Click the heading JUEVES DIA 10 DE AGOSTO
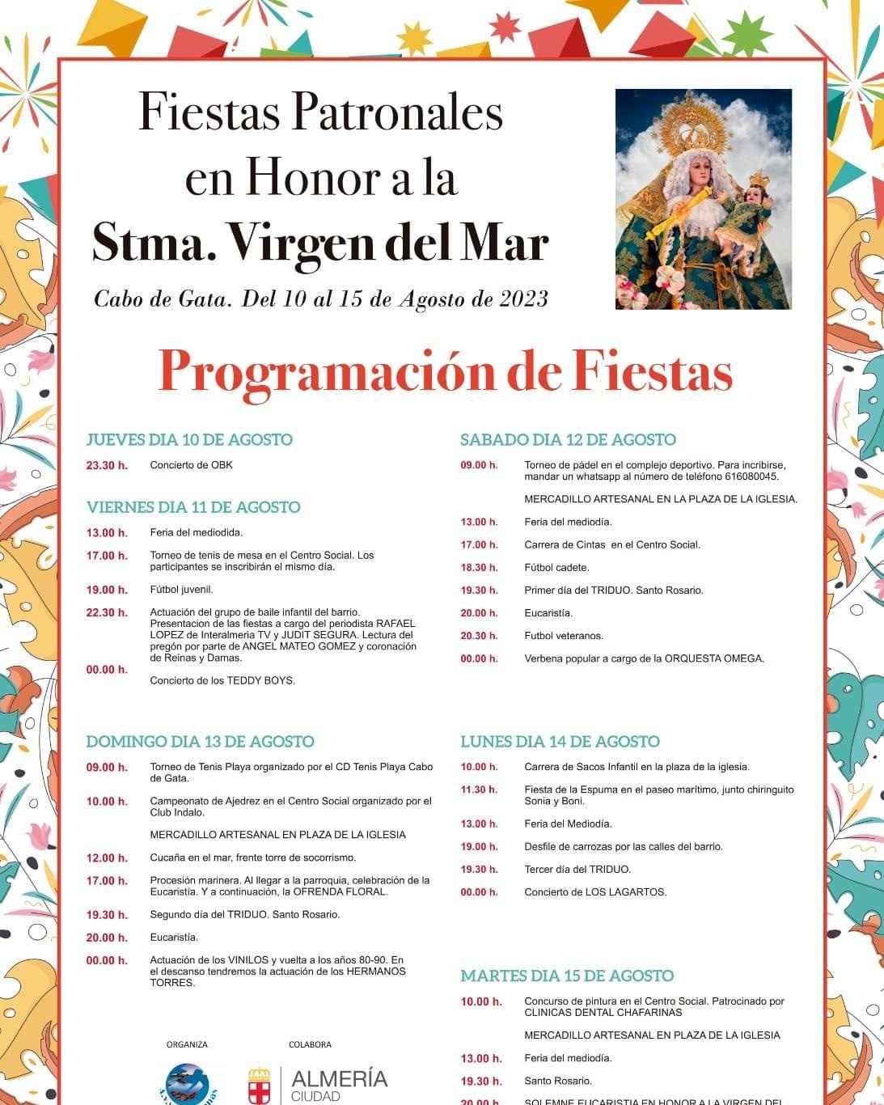189,440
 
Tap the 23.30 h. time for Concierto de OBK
107,465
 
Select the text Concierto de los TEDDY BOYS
222,680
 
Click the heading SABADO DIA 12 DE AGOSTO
568,440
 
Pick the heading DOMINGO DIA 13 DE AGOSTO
200,742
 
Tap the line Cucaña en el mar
252,857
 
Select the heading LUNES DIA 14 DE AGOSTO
560,742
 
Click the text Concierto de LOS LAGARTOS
595,892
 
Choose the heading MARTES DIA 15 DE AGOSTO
567,976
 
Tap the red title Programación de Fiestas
445,372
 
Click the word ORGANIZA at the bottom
187,1044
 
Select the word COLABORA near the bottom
310,1044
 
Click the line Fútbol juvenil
181,590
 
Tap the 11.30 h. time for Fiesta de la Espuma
479,790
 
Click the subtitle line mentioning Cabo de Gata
321,299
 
